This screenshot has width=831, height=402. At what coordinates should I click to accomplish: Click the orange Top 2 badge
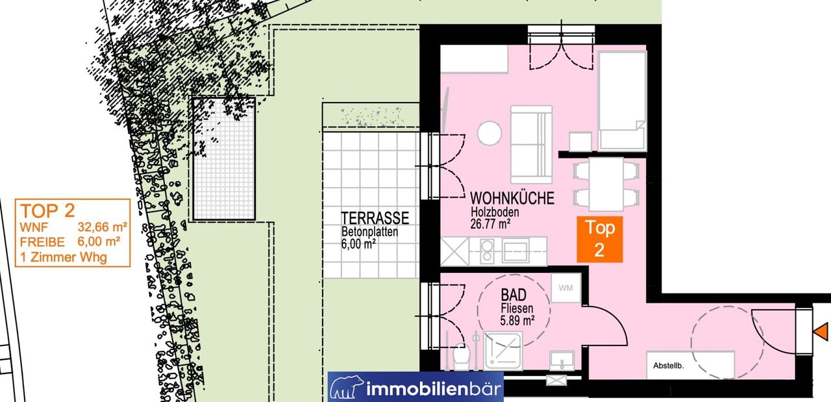point(599,240)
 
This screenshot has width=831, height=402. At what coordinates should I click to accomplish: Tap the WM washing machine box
point(565,288)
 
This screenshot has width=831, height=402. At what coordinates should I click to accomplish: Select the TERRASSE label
point(375,218)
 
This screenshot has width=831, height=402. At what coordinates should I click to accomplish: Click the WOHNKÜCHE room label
point(512,198)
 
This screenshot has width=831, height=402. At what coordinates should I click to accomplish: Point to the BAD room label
point(514,295)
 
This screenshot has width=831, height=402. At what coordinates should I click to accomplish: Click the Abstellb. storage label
point(669,366)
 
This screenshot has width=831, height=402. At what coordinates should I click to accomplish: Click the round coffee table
point(490,133)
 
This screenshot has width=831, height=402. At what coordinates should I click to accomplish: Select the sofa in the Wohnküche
point(531,144)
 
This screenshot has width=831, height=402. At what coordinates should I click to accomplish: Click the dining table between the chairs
point(606,184)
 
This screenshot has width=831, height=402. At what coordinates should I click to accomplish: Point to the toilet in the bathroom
point(462,357)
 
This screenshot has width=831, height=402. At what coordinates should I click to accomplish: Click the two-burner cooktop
point(487,251)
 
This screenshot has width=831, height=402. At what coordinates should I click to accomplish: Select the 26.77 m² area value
point(490,224)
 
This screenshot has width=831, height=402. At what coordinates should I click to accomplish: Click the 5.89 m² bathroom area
point(517,320)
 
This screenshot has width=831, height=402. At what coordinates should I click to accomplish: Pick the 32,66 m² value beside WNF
point(103,227)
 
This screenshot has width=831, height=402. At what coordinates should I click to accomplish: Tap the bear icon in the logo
point(347,387)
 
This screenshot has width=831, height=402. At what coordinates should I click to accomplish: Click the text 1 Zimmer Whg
point(64,257)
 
